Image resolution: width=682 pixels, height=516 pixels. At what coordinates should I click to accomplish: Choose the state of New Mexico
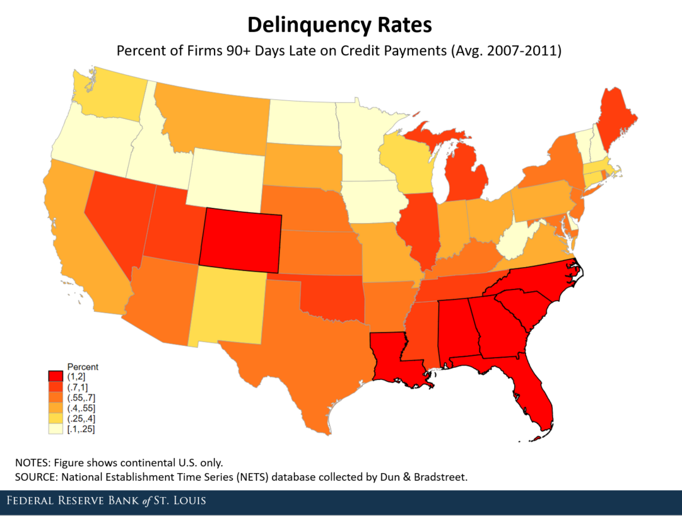230,305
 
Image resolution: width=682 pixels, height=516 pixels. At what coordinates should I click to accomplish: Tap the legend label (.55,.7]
81,398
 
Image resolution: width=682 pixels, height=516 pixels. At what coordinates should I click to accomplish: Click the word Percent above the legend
83,367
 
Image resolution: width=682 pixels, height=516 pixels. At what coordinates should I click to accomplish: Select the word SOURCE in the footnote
35,476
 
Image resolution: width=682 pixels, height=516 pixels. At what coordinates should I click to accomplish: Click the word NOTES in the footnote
30,461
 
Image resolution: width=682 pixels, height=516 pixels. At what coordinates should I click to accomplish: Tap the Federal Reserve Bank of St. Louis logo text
106,502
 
